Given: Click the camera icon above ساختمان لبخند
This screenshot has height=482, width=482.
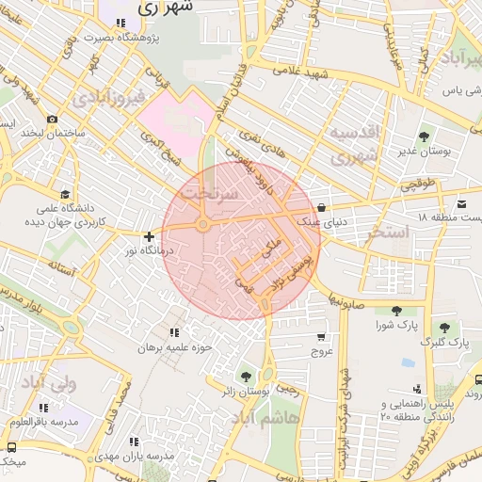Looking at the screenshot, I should [x=52, y=120].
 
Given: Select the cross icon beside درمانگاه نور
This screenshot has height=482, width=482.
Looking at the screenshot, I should [x=149, y=236].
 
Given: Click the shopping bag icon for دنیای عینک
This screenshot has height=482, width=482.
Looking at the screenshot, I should [x=322, y=208].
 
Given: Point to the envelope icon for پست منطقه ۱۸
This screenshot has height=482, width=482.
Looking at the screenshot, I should [x=461, y=204].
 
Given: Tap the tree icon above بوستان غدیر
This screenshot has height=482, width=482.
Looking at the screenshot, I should [x=421, y=137].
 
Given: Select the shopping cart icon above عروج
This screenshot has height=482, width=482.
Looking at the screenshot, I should [x=322, y=337].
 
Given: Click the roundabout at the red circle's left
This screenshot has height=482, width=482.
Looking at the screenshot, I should [x=203, y=225].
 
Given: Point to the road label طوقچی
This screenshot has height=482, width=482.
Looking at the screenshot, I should [x=419, y=185].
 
